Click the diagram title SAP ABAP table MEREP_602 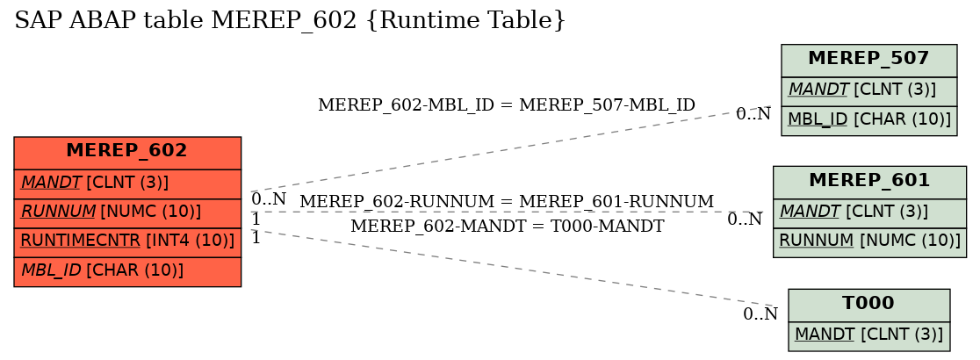pyautogui.click(x=290, y=20)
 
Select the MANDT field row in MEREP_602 pyautogui.click(x=127, y=184)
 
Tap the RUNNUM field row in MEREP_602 pyautogui.click(x=127, y=213)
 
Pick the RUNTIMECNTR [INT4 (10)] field pyautogui.click(x=127, y=242)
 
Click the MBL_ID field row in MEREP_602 pyautogui.click(x=127, y=272)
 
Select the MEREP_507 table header pyautogui.click(x=868, y=61)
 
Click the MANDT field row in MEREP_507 pyautogui.click(x=868, y=91)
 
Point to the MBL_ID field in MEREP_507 pyautogui.click(x=868, y=120)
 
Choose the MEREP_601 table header pyautogui.click(x=869, y=183)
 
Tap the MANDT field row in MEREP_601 pyautogui.click(x=869, y=213)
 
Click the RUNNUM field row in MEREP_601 pyautogui.click(x=869, y=242)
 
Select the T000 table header pyautogui.click(x=868, y=305)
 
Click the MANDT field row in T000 pyautogui.click(x=868, y=335)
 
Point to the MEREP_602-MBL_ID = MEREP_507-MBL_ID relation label pyautogui.click(x=507, y=105)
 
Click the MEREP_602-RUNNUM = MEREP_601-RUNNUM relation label pyautogui.click(x=507, y=202)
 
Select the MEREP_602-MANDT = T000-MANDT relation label pyautogui.click(x=507, y=227)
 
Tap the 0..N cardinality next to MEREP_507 pyautogui.click(x=753, y=114)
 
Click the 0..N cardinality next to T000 pyautogui.click(x=760, y=314)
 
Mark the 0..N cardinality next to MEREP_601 pyautogui.click(x=745, y=219)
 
